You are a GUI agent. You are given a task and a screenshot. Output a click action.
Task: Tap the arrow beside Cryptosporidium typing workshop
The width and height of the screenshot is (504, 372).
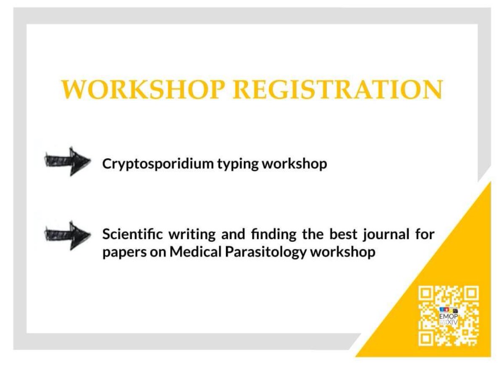68,161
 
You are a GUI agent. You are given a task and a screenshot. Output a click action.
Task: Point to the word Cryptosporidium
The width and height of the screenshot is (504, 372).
156,164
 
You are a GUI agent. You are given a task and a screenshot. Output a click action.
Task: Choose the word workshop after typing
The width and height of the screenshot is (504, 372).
294,164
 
